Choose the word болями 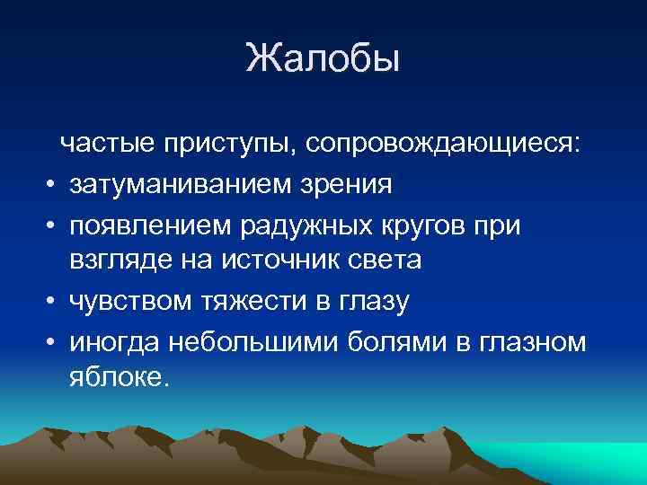tap(400, 341)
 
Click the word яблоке tap(117, 380)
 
